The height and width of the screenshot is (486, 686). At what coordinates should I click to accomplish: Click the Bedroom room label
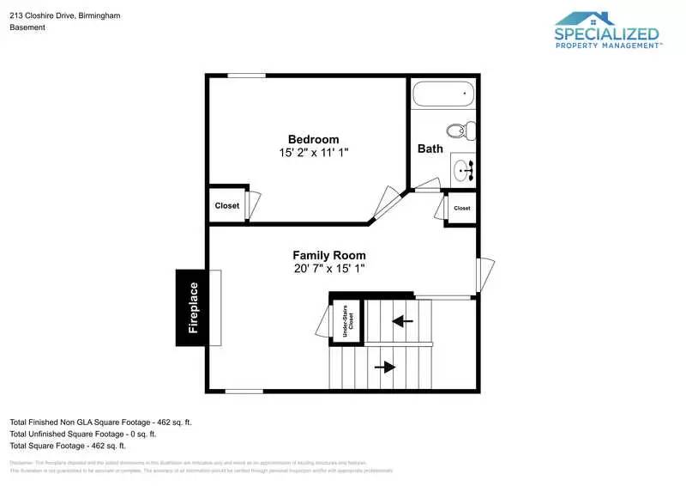[313, 139]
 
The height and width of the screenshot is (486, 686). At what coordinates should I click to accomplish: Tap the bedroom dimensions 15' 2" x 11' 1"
[313, 152]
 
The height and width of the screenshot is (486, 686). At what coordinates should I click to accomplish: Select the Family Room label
[328, 255]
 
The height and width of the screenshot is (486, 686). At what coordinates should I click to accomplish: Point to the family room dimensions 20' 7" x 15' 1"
[328, 268]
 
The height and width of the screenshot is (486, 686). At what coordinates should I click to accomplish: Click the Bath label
[430, 149]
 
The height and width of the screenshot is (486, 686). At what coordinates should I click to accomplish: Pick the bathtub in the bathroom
[442, 93]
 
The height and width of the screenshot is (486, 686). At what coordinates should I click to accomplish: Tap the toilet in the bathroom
[465, 131]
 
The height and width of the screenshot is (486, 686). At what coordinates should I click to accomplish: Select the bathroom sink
[464, 169]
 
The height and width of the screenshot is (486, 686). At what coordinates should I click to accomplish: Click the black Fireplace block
[193, 307]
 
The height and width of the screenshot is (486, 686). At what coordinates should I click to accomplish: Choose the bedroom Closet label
[227, 206]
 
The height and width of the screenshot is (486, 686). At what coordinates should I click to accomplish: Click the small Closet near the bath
[461, 208]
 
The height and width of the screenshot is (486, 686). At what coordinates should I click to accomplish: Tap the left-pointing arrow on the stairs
[402, 321]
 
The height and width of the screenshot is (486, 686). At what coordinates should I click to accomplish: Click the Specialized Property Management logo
[607, 32]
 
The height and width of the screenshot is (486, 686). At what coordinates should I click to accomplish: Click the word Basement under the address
[27, 27]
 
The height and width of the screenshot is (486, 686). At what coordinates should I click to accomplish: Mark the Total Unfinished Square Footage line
[82, 434]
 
